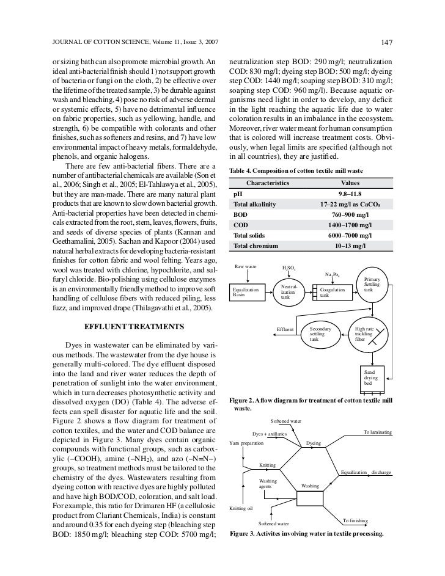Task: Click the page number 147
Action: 386,42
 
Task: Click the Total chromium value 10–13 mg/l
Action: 347,246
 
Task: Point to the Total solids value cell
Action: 347,235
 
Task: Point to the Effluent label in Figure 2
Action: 285,330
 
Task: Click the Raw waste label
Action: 246,267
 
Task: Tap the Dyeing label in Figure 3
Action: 313,442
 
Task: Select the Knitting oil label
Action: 240,508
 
